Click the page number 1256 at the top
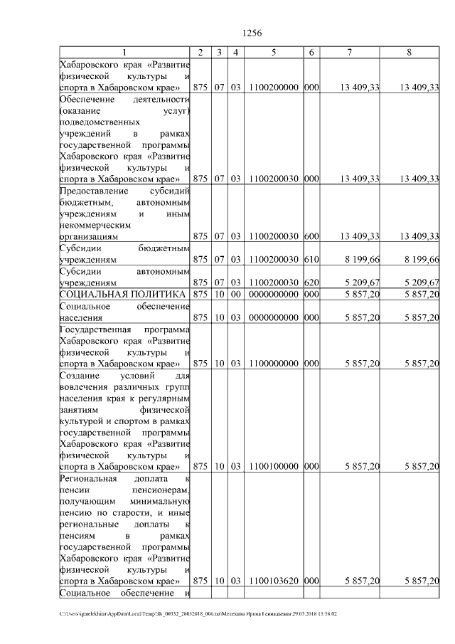pyautogui.click(x=252, y=33)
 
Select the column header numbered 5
pyautogui.click(x=274, y=53)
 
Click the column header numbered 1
pyautogui.click(x=124, y=53)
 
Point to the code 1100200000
pyautogui.click(x=274, y=88)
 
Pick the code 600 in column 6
pyautogui.click(x=311, y=236)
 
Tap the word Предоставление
pyautogui.click(x=90, y=191)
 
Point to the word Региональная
pyautogui.click(x=87, y=478)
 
